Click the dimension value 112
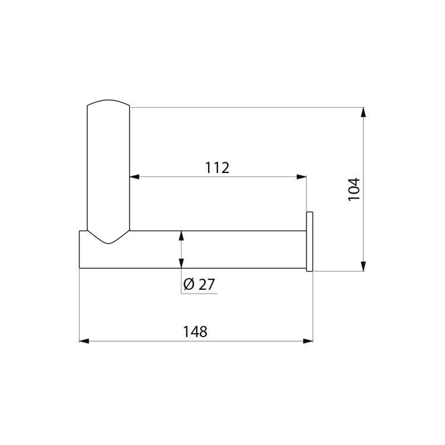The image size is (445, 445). point(217,167)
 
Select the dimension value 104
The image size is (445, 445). point(354,189)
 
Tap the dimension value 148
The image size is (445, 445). point(195,332)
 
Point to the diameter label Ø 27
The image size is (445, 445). point(199,284)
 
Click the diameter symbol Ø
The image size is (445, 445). point(189,284)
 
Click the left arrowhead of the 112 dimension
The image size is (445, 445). point(134,177)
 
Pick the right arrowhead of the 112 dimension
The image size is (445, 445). point(302,177)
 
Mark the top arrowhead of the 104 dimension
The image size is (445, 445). point(363,112)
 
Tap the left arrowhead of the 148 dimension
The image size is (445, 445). point(84,340)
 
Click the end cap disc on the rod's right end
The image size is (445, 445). point(310,242)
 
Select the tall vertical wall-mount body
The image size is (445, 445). point(108,167)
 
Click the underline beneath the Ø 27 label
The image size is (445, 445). point(199,293)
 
